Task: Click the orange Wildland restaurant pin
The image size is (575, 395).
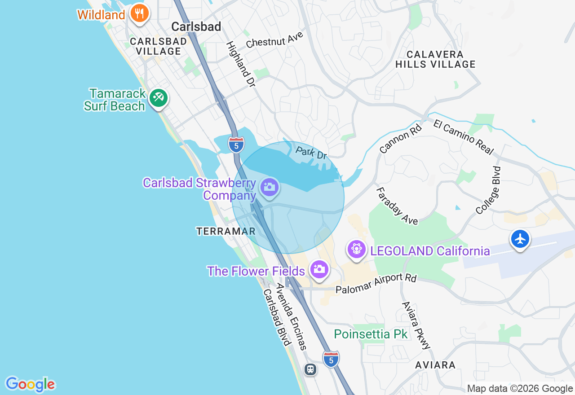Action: click(140, 13)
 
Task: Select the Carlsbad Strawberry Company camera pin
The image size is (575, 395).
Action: click(270, 187)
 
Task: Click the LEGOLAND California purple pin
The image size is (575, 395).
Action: click(357, 249)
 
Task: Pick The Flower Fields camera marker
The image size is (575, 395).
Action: click(319, 270)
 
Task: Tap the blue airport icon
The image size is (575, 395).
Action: click(520, 239)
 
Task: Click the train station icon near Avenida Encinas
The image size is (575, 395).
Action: click(310, 369)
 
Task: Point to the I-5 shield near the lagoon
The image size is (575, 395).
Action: click(236, 145)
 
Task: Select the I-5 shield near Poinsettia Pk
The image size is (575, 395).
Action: click(331, 359)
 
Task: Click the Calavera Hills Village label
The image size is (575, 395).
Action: click(435, 59)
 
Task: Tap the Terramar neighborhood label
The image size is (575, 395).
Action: click(226, 231)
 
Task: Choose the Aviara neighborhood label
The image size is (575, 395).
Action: click(435, 365)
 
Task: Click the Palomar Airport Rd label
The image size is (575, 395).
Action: click(376, 284)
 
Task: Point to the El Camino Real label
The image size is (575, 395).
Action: click(464, 136)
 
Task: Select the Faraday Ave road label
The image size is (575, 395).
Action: click(397, 206)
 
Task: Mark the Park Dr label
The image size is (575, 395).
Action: click(311, 153)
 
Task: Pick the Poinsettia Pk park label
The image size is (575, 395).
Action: click(371, 334)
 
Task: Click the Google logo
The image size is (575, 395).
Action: click(30, 384)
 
